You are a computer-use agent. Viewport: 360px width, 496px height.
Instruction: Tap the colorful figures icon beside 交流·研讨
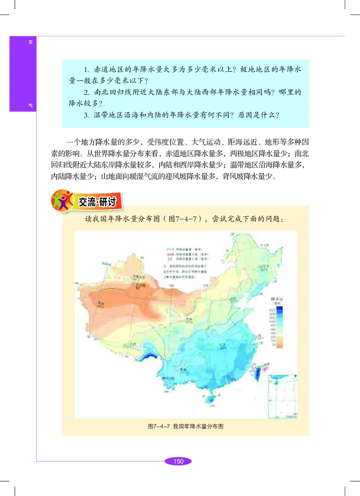point(62,200)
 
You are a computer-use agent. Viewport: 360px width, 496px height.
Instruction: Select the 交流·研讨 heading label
point(97,202)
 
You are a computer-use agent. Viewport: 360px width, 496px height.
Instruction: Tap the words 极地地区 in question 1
point(240,70)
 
